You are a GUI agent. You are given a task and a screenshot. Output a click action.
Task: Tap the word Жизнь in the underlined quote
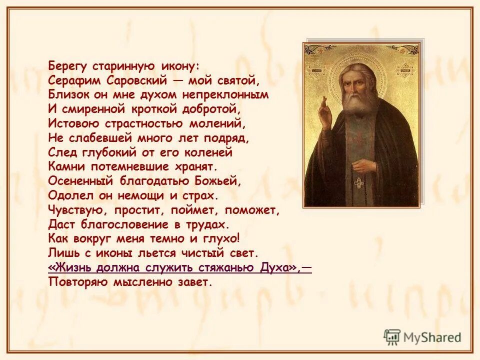tap(68, 267)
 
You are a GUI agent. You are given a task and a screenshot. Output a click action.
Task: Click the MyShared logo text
tap(430, 337)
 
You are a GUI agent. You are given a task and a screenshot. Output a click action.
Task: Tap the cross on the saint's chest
tap(358, 183)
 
